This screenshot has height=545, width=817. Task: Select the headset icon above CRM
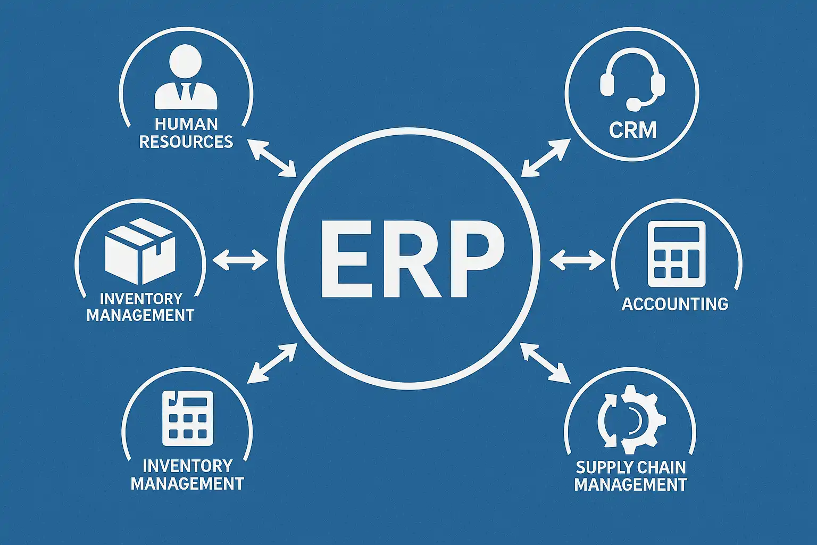click(632, 80)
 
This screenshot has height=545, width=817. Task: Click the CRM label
click(632, 130)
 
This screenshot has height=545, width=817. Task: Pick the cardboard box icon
click(140, 251)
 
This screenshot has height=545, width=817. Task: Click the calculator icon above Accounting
click(676, 254)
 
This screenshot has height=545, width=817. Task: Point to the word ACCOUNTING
click(674, 304)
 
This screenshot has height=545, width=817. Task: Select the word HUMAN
click(186, 124)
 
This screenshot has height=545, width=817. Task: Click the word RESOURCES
click(186, 142)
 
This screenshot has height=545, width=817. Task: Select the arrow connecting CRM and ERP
click(546, 158)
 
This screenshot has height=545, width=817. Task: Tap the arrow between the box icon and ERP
click(240, 260)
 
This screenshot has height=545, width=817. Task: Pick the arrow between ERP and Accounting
click(577, 260)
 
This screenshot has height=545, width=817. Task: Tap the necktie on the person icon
click(186, 92)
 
